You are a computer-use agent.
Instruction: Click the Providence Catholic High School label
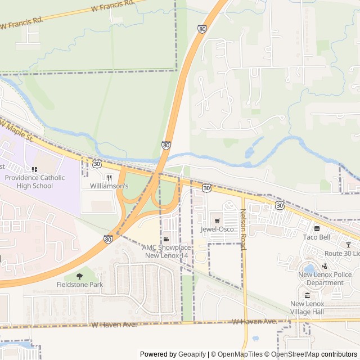click(34, 182)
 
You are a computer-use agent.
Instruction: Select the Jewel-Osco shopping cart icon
click(217, 220)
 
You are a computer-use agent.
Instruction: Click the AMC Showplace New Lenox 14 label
click(166, 251)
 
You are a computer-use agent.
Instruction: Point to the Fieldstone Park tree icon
click(79, 276)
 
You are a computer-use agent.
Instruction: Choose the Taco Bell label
click(316, 237)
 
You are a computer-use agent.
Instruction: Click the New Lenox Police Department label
click(321, 278)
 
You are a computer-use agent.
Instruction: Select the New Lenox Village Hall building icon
click(307, 295)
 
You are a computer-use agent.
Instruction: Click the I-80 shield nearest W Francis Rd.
click(202, 28)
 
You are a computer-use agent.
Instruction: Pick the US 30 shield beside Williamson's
click(97, 163)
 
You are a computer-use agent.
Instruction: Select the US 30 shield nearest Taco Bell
click(280, 206)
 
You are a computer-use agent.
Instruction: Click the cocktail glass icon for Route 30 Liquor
click(348, 245)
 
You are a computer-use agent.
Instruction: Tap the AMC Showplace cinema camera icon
click(166, 240)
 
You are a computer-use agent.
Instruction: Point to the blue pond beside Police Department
click(309, 267)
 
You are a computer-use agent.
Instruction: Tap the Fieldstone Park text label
click(79, 285)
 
